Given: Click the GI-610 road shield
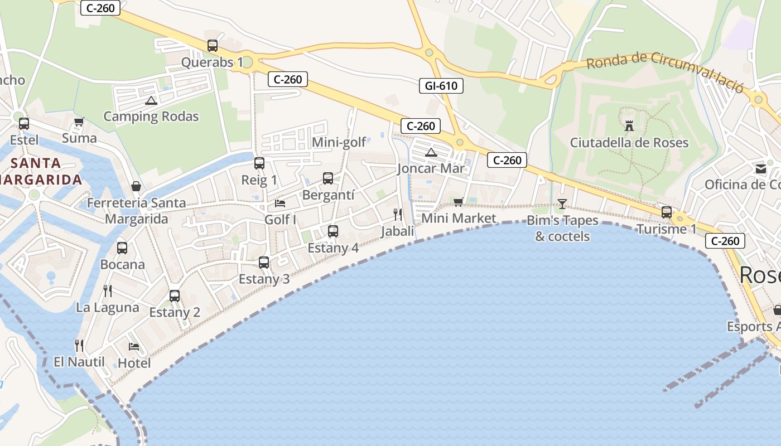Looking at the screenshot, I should (x=441, y=86).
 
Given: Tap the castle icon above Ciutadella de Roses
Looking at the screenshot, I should (x=629, y=125).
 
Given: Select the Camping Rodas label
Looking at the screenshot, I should (x=151, y=117).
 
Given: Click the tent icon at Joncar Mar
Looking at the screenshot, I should (x=431, y=152).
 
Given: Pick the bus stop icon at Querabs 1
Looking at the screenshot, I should (x=213, y=46).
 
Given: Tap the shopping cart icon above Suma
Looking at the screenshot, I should (x=79, y=122).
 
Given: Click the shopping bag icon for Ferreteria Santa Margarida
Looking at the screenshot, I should (x=136, y=186).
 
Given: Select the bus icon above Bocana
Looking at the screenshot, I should (x=122, y=248).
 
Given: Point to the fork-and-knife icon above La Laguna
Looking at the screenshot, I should (x=108, y=290).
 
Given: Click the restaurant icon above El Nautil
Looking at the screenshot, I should (x=79, y=346).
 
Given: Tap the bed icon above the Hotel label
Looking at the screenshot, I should (x=134, y=347).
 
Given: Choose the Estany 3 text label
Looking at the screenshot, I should (x=264, y=279).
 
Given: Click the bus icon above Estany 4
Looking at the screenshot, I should (x=333, y=231).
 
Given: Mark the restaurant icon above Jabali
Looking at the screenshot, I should (x=398, y=214).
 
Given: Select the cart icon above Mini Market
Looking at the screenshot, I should (x=459, y=202).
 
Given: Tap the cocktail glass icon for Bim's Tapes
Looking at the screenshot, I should (x=562, y=204).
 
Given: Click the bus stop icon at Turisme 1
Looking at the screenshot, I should (x=667, y=212).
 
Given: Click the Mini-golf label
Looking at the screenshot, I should (x=339, y=143).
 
